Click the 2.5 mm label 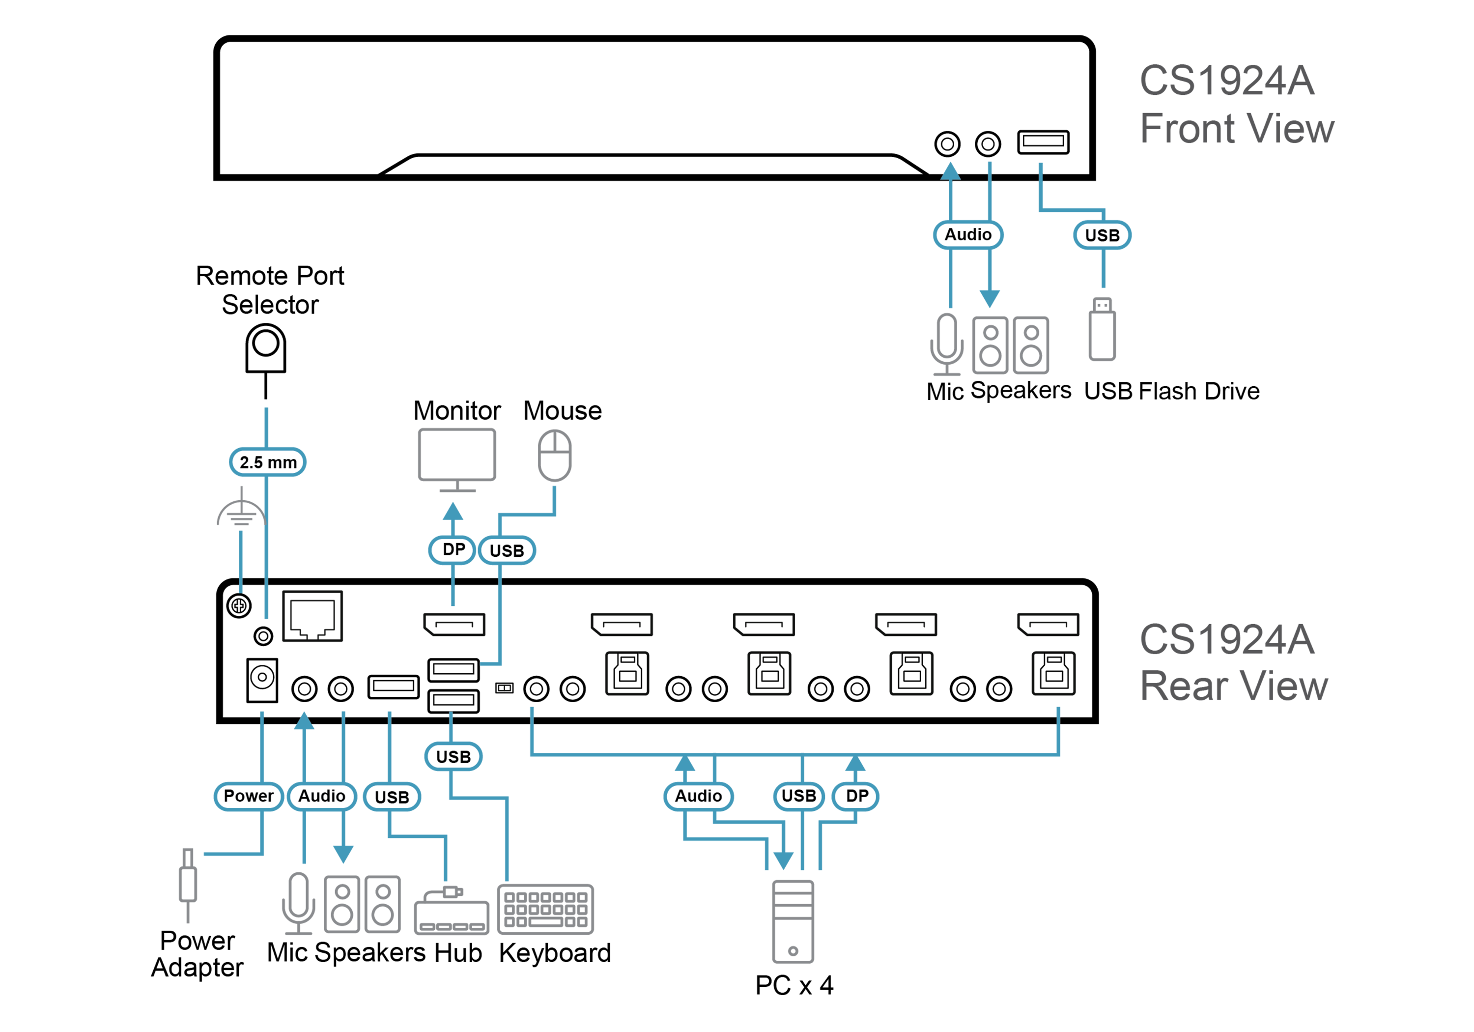point(268,462)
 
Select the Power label point(249,796)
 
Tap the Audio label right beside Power point(322,796)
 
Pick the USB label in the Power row point(392,797)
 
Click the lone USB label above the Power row point(453,756)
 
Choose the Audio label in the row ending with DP point(699,796)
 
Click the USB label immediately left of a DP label point(798,796)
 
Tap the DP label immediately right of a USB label point(856,796)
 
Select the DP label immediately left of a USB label point(453,550)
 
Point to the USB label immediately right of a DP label point(507,550)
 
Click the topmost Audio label point(968,234)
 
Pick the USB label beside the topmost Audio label point(1102,235)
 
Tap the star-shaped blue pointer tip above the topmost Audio point(951,170)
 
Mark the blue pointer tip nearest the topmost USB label point(1040,167)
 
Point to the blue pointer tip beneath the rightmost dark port point(1058,710)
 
